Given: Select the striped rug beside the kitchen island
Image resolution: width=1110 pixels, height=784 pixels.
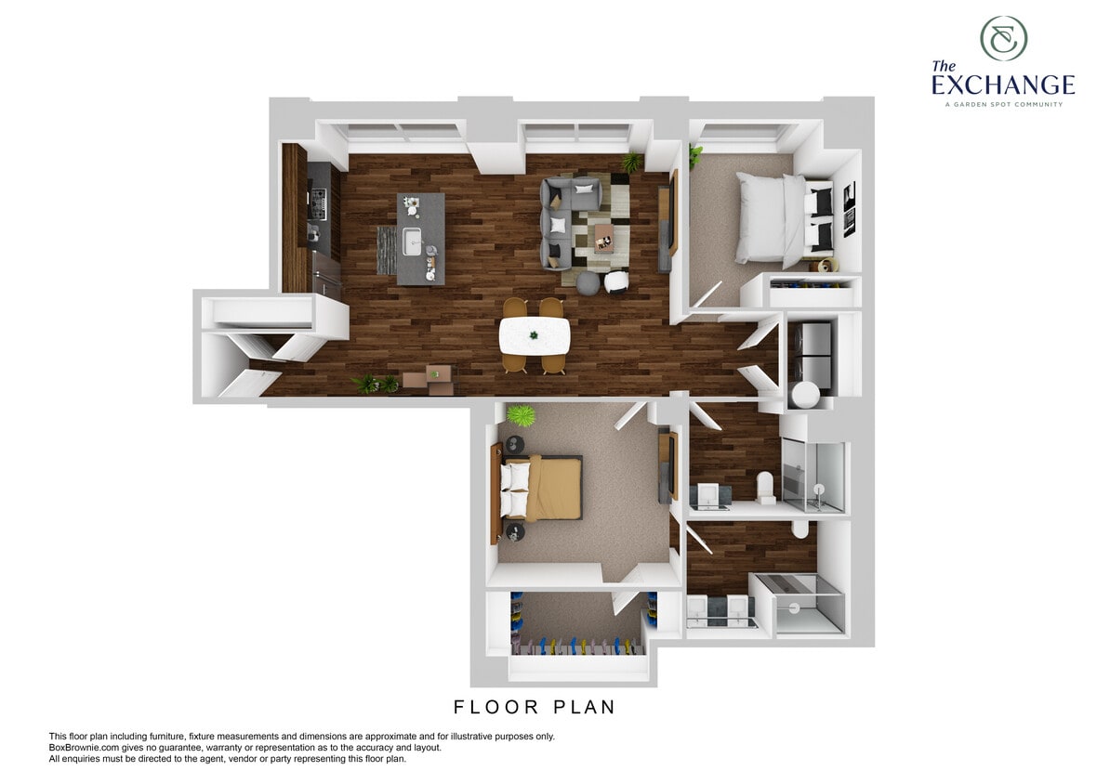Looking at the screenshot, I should [386, 249].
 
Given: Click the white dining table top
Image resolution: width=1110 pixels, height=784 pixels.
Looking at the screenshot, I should [534, 335].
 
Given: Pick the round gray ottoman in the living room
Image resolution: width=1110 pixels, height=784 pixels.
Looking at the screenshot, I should [588, 282].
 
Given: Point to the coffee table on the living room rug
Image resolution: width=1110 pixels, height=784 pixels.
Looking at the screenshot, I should [604, 238].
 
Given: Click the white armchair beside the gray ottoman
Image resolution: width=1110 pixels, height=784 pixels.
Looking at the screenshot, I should [617, 280].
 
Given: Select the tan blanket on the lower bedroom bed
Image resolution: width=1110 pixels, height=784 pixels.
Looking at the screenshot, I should [553, 488].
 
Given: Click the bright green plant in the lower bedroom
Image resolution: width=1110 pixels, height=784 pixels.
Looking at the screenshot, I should [522, 414].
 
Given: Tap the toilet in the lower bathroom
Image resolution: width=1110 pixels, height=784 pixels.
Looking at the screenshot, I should [799, 529].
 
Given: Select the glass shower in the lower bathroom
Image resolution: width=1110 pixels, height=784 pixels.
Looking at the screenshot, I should [798, 604].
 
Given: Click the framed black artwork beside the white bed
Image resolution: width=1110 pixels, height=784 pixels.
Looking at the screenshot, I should [849, 210].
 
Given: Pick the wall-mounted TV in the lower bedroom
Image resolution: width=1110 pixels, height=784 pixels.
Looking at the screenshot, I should [664, 466].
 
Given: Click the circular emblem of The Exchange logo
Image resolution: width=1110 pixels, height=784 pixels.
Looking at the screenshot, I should [1003, 38].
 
